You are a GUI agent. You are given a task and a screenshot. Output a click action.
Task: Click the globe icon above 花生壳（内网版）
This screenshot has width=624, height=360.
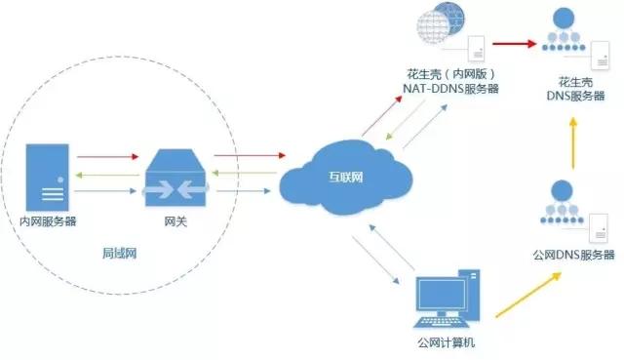pos(436,33)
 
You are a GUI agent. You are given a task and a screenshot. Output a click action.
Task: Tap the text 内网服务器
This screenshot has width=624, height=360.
pos(48,222)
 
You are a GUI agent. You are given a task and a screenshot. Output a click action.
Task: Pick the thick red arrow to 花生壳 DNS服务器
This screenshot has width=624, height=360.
pos(515,43)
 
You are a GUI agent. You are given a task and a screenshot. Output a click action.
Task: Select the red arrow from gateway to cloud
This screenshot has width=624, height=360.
pos(248,155)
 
